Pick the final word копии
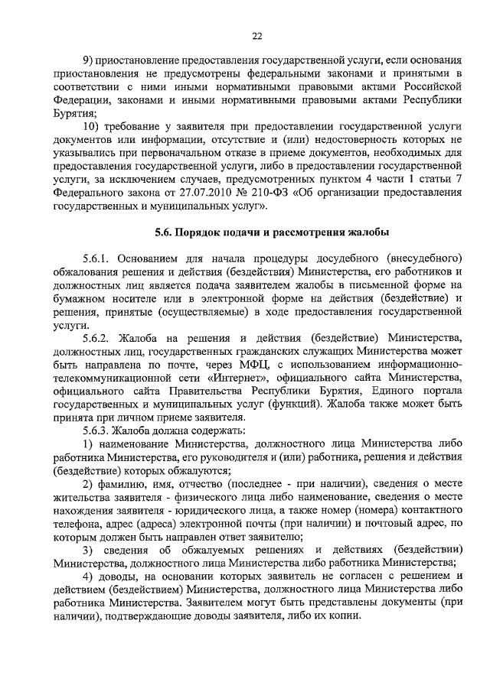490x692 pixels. coord(341,616)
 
